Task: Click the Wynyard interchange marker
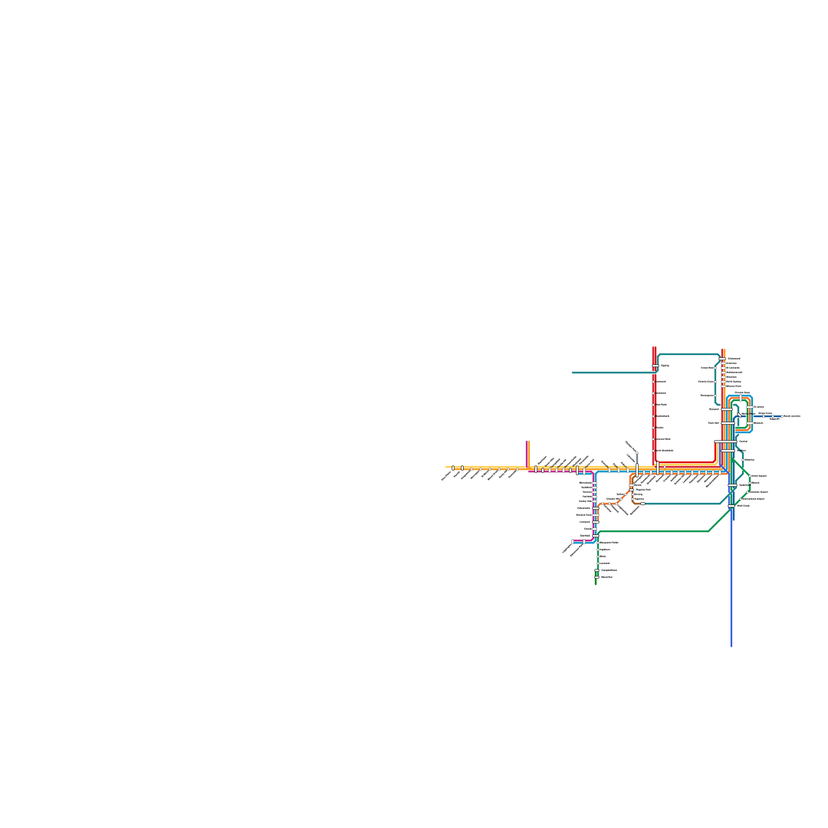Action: tap(727, 409)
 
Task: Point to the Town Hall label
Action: tap(713, 423)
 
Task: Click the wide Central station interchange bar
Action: tap(725, 441)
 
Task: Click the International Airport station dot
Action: tap(741, 499)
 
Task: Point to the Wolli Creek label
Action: tap(743, 506)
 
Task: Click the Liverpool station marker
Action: tap(596, 522)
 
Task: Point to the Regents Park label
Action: tap(643, 489)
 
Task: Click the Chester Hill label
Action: tap(613, 499)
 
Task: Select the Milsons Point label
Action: tap(734, 386)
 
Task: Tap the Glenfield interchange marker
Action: tap(596, 536)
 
